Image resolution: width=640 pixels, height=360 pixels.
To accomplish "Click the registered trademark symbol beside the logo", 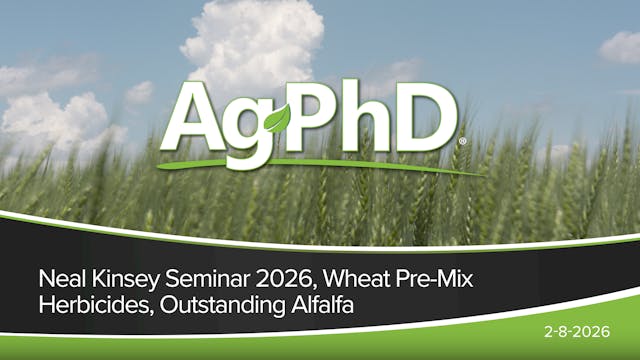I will point(461,143).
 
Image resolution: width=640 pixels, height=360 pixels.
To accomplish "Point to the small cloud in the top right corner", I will point(621,46).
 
